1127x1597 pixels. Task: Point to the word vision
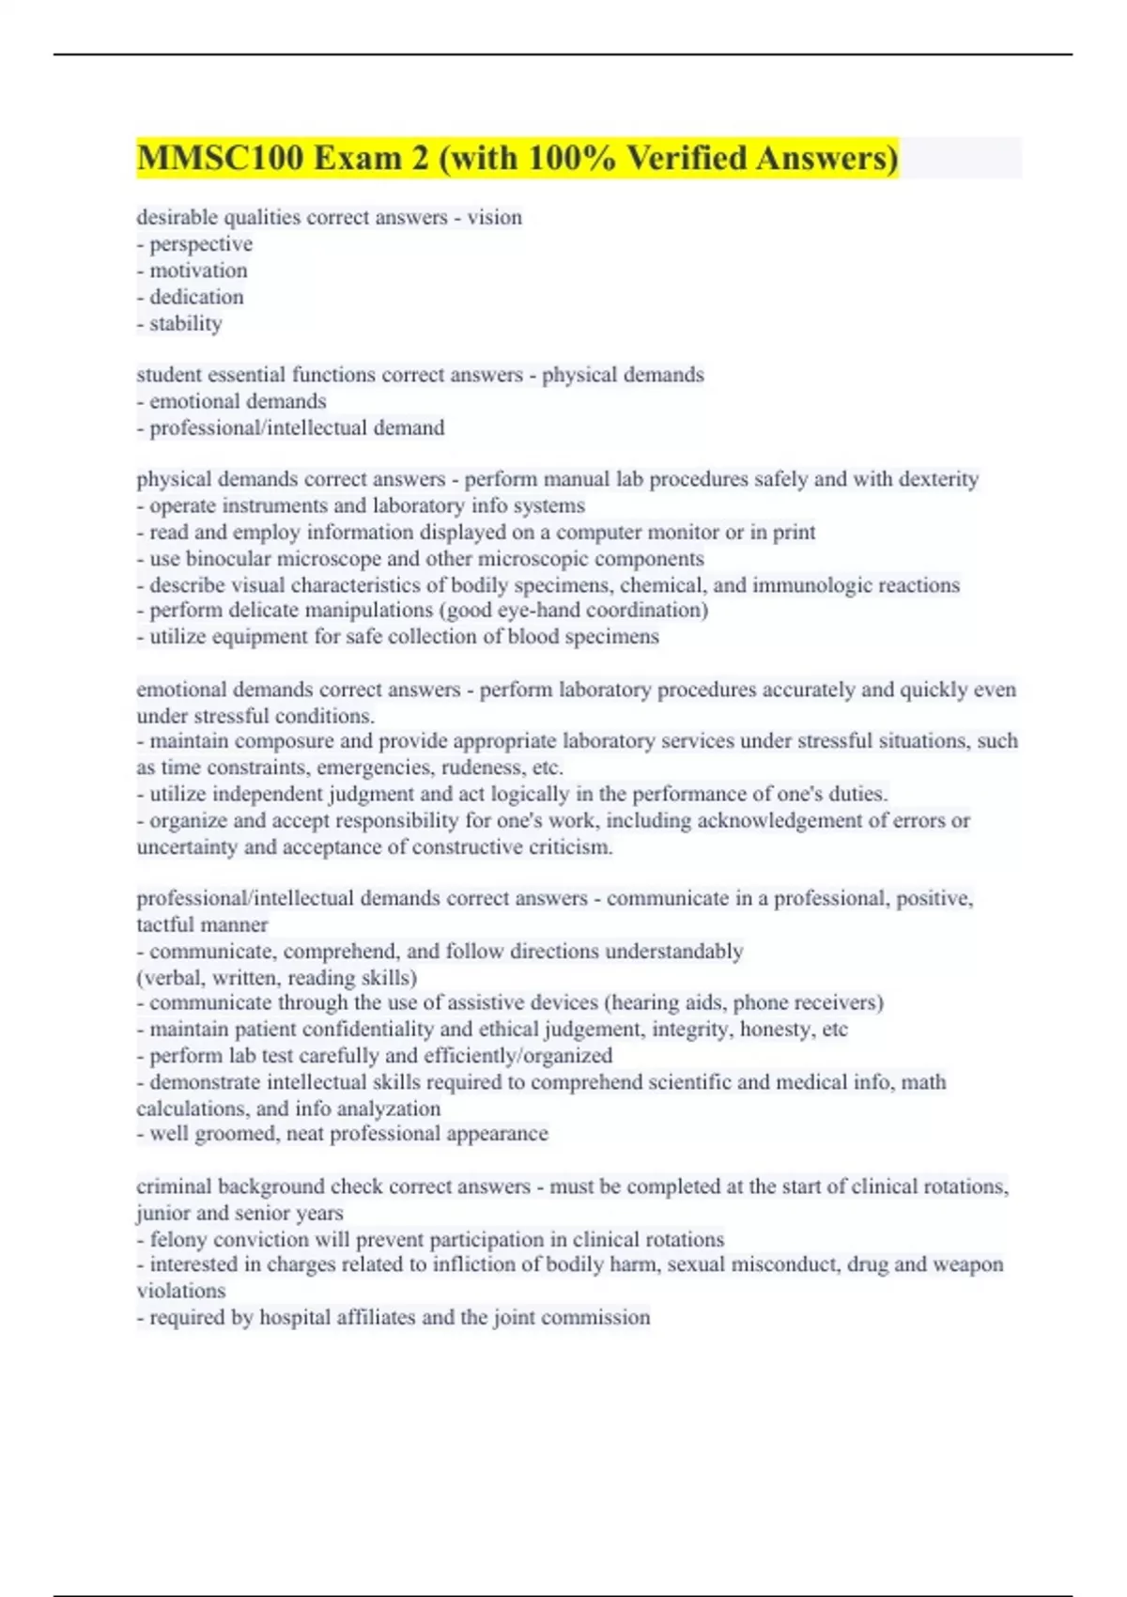pos(494,217)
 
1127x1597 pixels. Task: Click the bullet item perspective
pos(200,243)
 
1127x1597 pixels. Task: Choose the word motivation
pos(198,270)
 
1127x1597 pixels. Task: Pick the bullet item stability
pos(185,323)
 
